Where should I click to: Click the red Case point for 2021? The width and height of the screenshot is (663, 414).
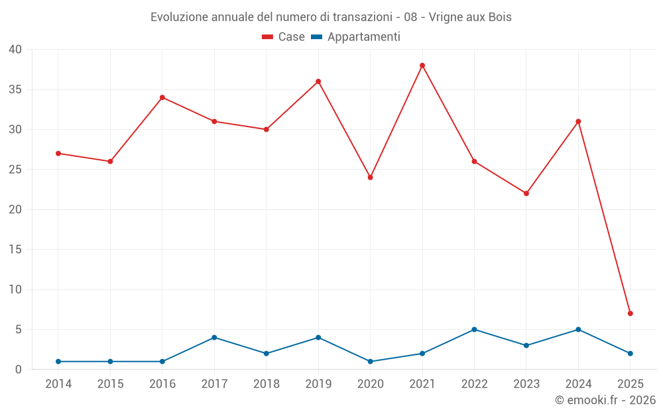click(x=422, y=66)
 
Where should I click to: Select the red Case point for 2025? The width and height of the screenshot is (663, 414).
click(x=630, y=313)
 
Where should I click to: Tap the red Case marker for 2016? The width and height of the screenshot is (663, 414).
click(x=162, y=97)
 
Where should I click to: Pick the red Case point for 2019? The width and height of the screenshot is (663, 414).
click(x=318, y=81)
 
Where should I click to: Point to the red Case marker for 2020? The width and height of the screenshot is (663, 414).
click(x=370, y=178)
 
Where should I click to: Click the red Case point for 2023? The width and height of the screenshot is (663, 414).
click(x=526, y=193)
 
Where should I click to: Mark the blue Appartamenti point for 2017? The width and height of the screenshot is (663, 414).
click(x=214, y=338)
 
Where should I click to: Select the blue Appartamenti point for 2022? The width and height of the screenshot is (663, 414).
click(x=474, y=329)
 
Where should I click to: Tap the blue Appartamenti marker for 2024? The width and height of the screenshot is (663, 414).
click(x=578, y=329)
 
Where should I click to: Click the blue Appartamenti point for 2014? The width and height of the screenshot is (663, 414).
click(x=58, y=362)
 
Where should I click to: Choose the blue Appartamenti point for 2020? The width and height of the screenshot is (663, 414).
click(x=370, y=362)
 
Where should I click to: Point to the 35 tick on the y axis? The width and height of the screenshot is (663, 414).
click(x=15, y=89)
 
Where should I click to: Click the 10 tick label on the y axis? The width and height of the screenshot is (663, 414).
click(x=15, y=289)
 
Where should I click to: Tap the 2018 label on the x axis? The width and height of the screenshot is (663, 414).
click(x=266, y=384)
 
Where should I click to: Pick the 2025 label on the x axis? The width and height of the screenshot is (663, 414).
click(x=630, y=384)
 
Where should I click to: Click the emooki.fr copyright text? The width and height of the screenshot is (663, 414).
click(x=605, y=400)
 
